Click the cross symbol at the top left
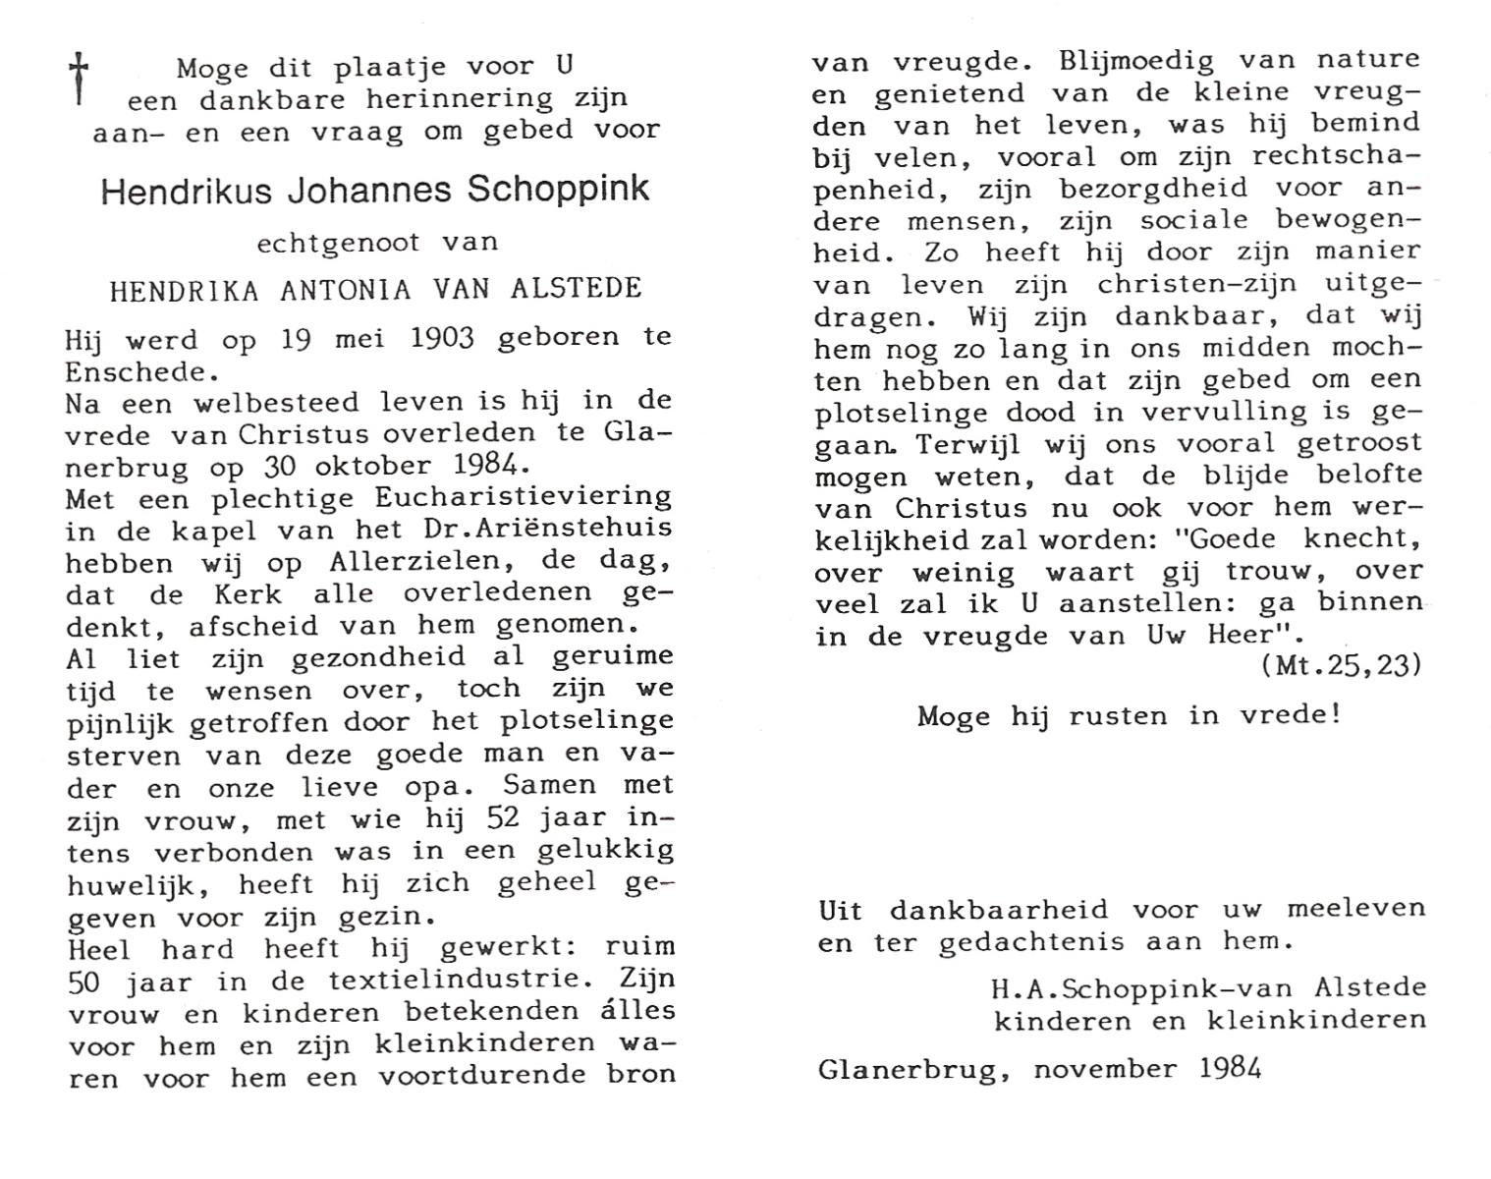[79, 78]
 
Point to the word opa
[451, 786]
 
